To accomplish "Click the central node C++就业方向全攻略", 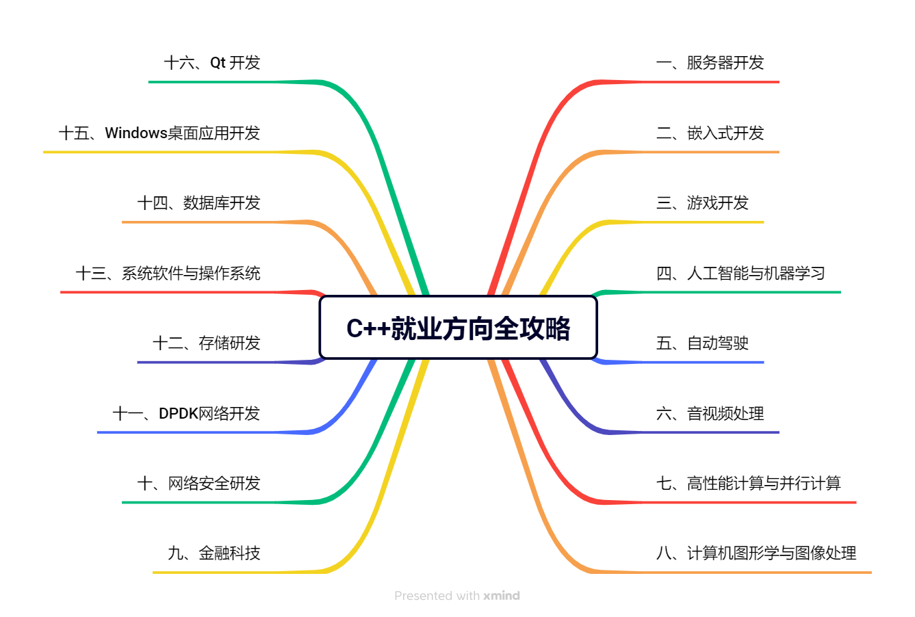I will click(458, 328).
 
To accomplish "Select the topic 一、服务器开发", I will click(710, 63).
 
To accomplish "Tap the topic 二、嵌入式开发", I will click(710, 133).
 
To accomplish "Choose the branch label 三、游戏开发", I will click(702, 203).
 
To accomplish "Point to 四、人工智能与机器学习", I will click(740, 274).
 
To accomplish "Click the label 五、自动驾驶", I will click(702, 343).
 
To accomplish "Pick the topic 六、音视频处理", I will click(710, 413).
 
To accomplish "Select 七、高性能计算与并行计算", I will click(748, 484).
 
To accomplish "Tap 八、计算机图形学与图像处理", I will click(756, 553).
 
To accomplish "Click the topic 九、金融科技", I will click(214, 553).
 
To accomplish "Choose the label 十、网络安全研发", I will click(199, 484).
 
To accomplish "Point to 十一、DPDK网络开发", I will click(186, 413).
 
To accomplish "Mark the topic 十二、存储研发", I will click(207, 343).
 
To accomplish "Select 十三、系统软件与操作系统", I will click(168, 274).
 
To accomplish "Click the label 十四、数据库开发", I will click(199, 203).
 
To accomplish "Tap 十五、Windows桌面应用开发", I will click(159, 133).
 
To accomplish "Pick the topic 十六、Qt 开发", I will click(212, 63).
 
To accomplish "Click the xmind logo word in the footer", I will click(502, 596).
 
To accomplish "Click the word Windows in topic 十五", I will click(136, 133).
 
